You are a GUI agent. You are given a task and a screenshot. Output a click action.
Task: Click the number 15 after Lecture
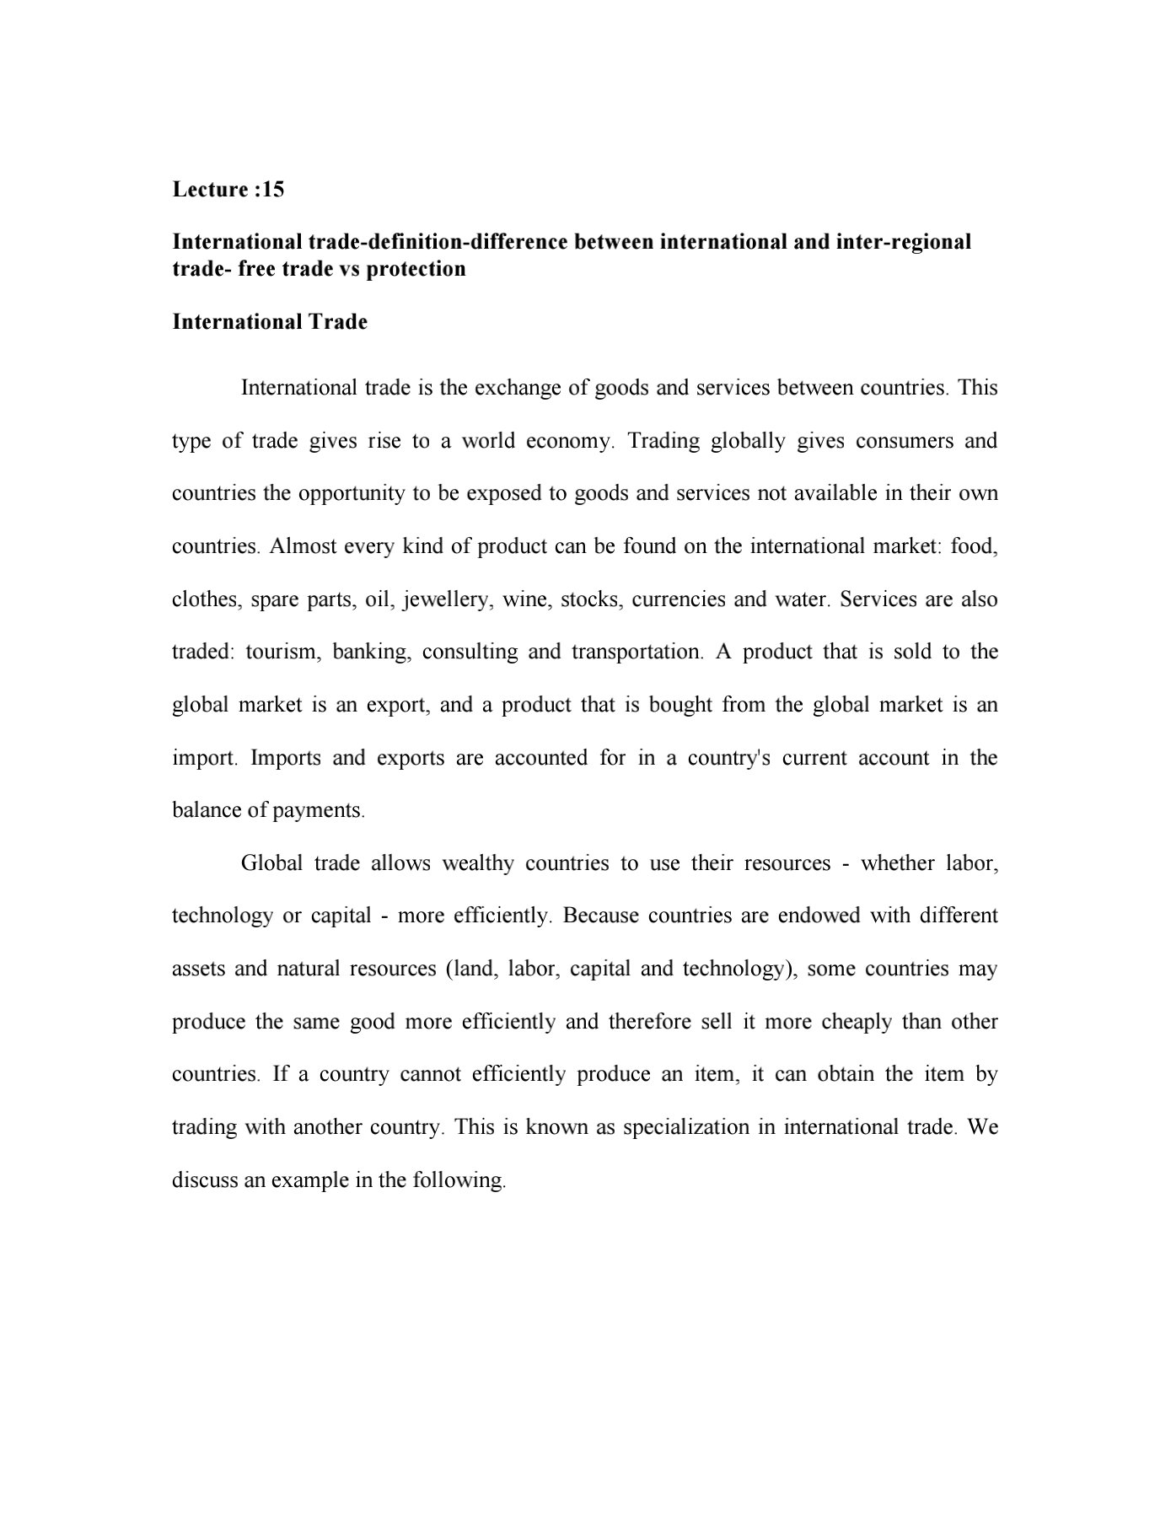pos(273,190)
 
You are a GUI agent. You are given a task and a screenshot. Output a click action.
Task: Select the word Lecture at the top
pos(210,190)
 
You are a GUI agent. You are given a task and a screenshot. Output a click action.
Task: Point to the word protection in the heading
pos(416,269)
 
